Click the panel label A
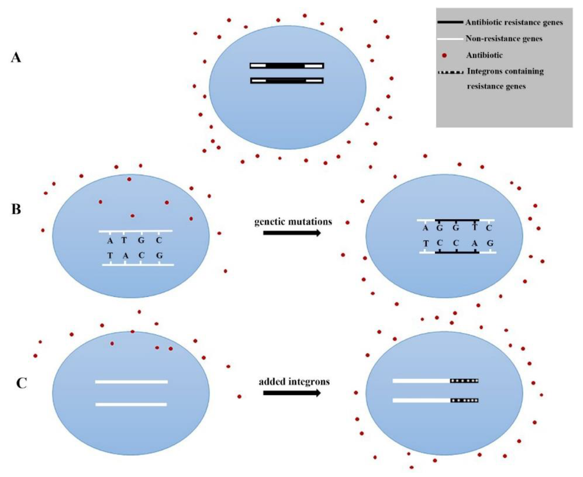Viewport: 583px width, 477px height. coord(16,58)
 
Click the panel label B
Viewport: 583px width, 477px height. coord(16,209)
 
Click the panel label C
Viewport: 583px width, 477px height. coord(22,383)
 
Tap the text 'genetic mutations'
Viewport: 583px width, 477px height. coord(293,221)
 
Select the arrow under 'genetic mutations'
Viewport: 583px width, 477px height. coord(292,233)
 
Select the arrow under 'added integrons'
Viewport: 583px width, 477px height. coord(292,393)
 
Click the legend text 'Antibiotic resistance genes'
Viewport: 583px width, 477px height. coord(514,23)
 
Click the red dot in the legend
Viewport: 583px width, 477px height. coord(444,55)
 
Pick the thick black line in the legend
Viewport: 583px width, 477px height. coord(450,22)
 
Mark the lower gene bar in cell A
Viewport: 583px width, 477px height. coord(287,81)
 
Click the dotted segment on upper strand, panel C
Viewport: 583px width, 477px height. coord(464,381)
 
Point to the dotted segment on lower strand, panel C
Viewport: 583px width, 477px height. coord(464,400)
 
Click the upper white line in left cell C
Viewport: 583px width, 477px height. coord(131,382)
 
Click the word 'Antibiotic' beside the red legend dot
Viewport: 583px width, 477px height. coord(484,55)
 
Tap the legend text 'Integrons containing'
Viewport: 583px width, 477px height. coord(505,72)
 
